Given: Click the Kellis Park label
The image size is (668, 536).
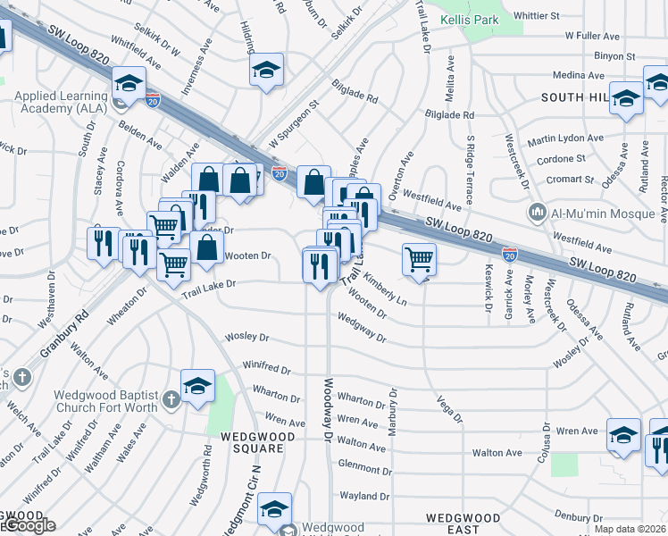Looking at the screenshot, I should (x=472, y=18).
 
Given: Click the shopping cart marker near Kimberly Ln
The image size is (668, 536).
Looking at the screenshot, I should (x=419, y=259).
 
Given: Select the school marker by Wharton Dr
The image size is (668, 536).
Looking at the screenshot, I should (x=197, y=386).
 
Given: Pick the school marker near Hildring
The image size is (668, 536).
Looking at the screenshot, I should (x=266, y=70).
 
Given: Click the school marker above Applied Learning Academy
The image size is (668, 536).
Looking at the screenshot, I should (x=129, y=85).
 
